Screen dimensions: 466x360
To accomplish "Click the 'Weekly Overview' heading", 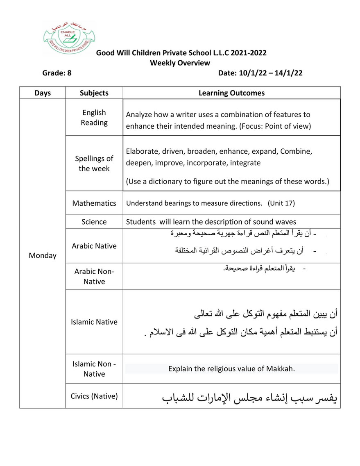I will click(x=180, y=63).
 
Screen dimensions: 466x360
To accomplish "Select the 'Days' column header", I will click(x=43, y=93).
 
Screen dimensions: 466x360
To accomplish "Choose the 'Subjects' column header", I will click(x=94, y=93).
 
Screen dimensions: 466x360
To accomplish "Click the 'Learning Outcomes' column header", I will click(x=231, y=93).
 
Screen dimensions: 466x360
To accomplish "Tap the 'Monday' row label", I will click(x=43, y=255).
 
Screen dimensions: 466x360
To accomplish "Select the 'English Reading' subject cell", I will click(x=94, y=118).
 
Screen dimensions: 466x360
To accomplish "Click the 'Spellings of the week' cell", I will click(x=94, y=164).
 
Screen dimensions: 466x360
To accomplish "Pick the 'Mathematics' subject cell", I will click(x=94, y=203).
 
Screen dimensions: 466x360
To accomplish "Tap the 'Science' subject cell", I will click(x=94, y=222).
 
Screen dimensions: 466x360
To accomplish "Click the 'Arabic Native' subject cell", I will click(x=94, y=246).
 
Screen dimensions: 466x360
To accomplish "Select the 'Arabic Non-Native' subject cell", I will click(x=94, y=276).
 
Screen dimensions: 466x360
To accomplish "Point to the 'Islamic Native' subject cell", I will click(x=94, y=322).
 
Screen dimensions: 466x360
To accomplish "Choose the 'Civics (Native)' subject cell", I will click(x=94, y=396).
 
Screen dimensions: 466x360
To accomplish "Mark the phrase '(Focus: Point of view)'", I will click(x=275, y=126).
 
